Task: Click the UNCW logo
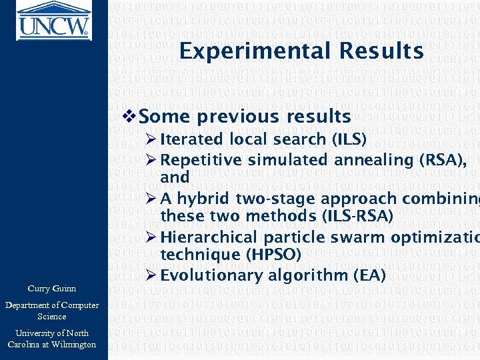[x=53, y=19]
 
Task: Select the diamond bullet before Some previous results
[x=131, y=117]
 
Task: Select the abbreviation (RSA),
[x=435, y=160]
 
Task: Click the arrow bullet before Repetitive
[x=151, y=160]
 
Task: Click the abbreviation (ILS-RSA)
[x=357, y=216]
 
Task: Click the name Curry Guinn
[x=52, y=289]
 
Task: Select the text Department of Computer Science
[x=52, y=311]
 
